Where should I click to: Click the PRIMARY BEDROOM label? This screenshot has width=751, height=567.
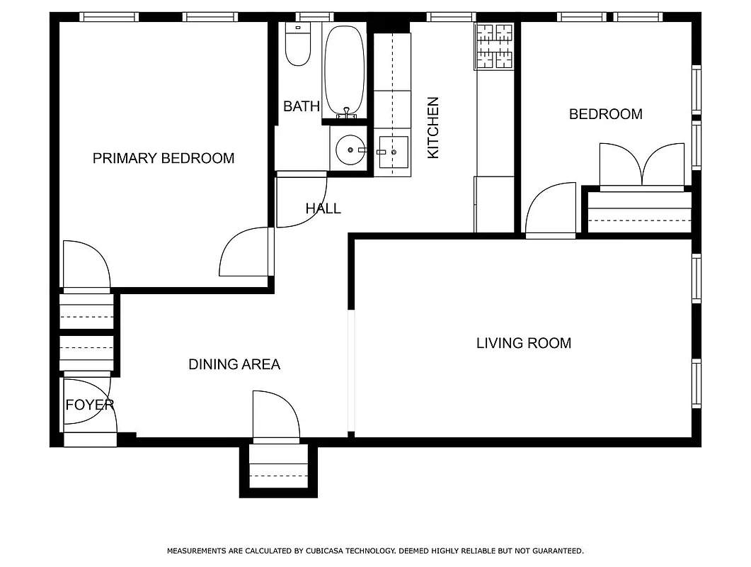[x=164, y=158]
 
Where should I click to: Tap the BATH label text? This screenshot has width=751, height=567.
[x=302, y=106]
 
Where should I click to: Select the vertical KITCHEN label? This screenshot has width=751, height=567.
[x=433, y=128]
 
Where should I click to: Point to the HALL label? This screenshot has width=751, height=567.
[x=323, y=208]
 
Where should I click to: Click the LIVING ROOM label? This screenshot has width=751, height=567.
[x=523, y=343]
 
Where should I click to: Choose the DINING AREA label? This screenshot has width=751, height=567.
[x=234, y=364]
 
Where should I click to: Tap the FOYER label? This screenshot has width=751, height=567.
[x=90, y=405]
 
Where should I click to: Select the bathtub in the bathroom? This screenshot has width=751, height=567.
[x=345, y=71]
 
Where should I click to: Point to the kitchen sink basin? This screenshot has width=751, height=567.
[x=393, y=152]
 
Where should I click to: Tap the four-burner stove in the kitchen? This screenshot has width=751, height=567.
[x=494, y=47]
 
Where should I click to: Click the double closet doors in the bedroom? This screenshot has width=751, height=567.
[x=642, y=166]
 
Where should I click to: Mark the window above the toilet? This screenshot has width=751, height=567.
[x=314, y=17]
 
